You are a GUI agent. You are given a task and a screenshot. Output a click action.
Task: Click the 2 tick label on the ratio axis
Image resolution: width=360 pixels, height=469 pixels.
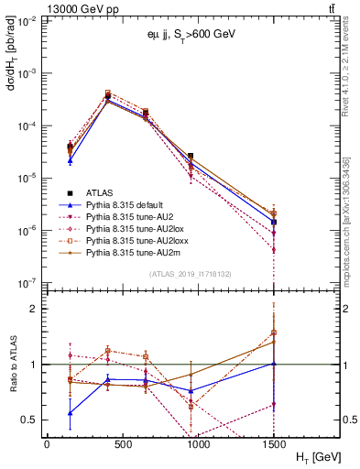click(34, 309)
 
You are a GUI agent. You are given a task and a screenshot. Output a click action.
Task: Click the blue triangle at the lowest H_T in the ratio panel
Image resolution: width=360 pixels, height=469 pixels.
click(71, 412)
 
